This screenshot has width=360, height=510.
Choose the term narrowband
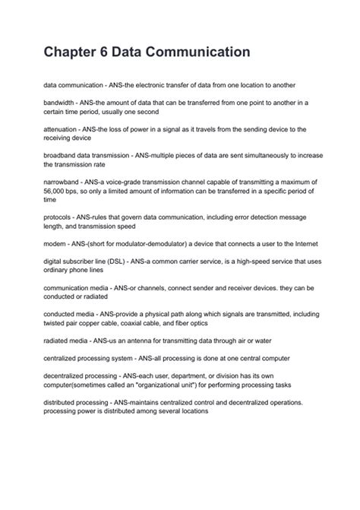(x=64, y=183)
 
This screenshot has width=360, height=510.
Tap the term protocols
(x=59, y=217)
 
